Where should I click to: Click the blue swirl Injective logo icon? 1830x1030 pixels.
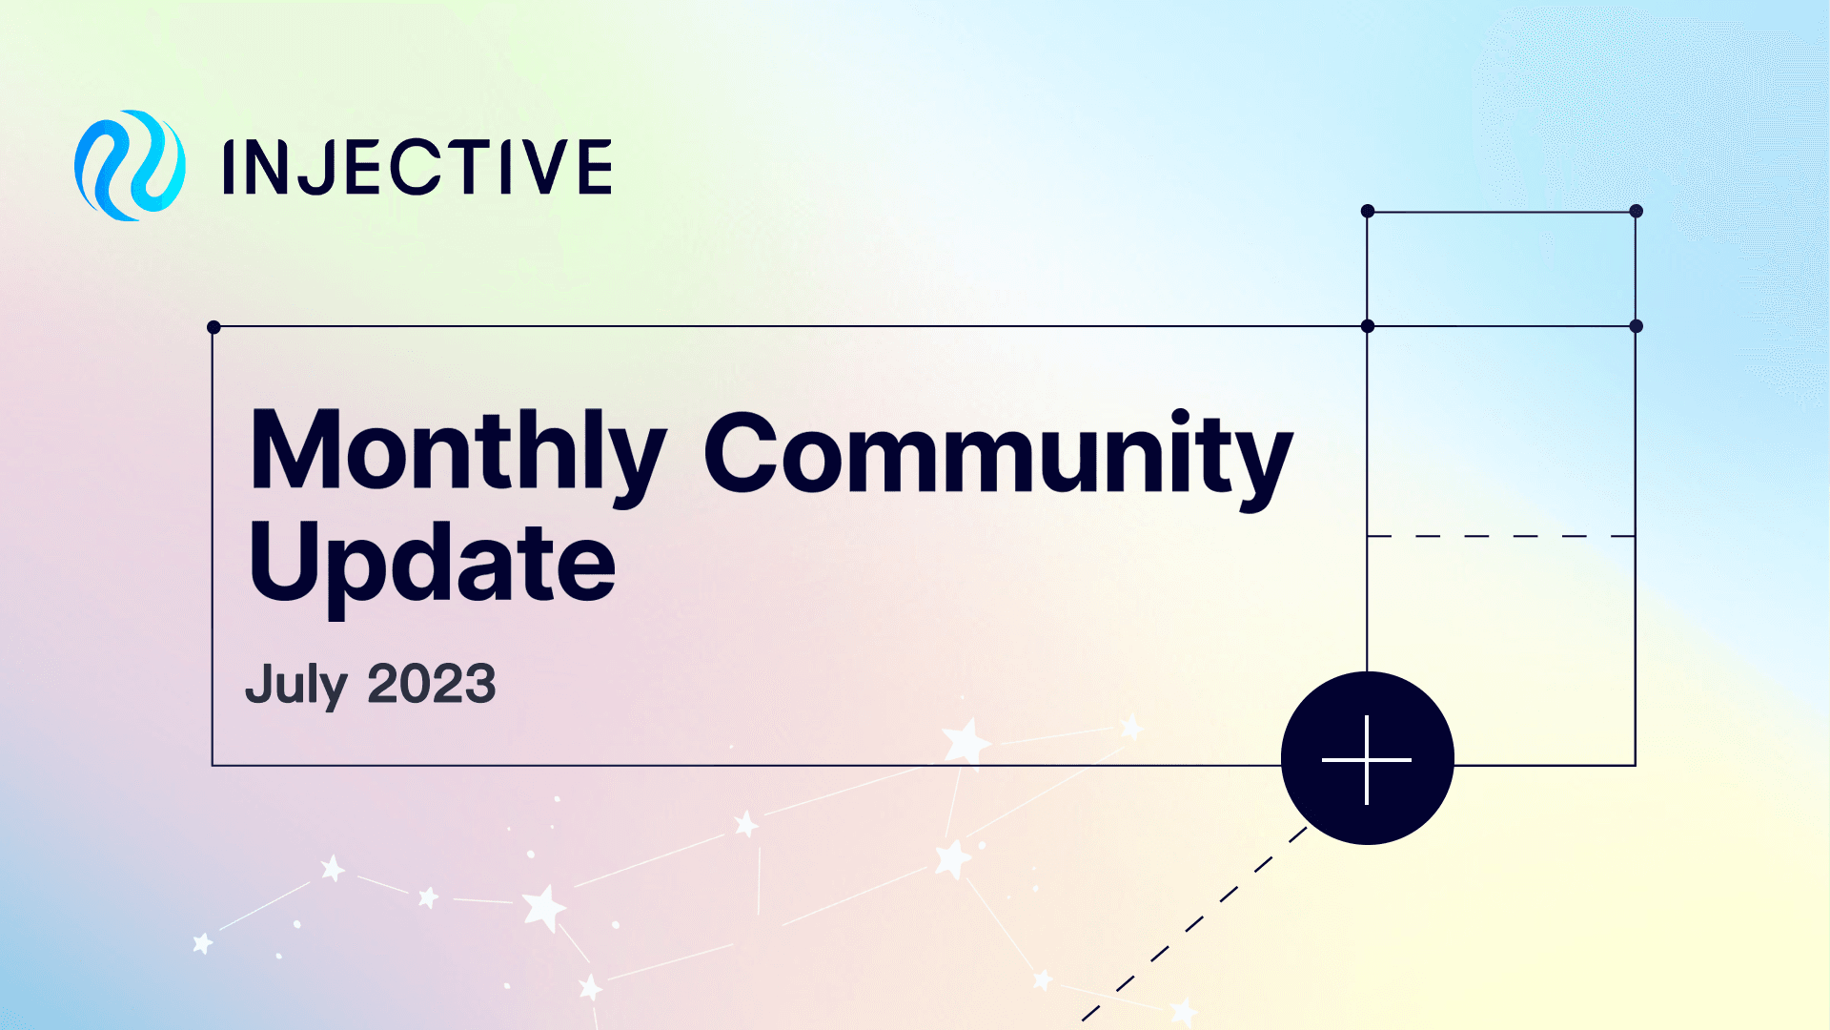(130, 165)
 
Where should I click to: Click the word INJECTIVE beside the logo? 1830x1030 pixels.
(417, 167)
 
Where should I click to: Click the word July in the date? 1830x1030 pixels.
(295, 685)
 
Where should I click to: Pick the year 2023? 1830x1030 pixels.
(432, 684)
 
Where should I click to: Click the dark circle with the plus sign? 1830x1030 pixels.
(1367, 758)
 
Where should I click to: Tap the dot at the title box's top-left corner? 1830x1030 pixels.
(213, 327)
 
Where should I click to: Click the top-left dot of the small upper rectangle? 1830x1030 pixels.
(1368, 211)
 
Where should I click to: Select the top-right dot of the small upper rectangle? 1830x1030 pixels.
(1636, 211)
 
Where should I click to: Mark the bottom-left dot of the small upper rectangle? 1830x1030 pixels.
(1368, 326)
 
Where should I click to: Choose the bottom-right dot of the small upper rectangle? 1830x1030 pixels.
(1636, 326)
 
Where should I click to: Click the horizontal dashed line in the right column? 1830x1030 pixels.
(1501, 536)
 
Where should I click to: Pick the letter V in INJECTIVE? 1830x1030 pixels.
(539, 167)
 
